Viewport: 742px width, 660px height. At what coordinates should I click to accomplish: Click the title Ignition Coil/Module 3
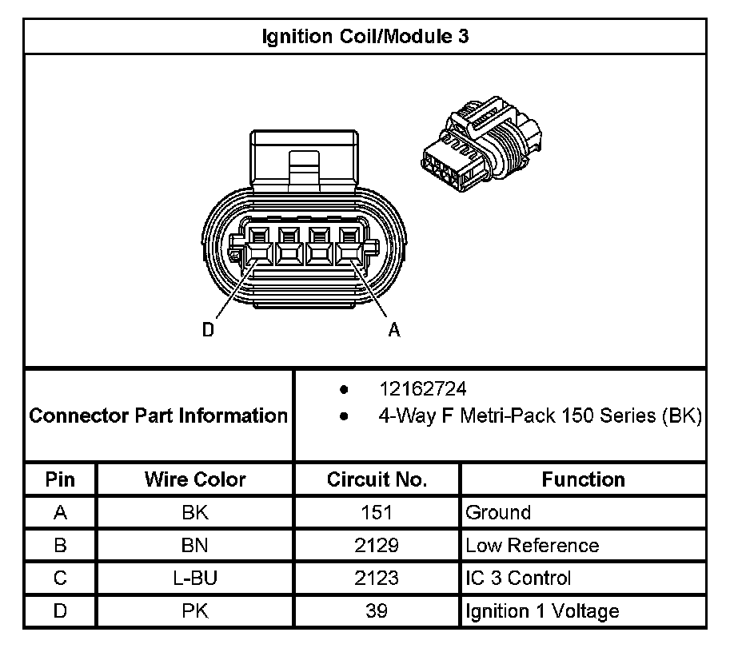pyautogui.click(x=365, y=37)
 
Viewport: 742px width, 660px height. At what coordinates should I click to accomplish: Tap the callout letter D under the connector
pyautogui.click(x=208, y=329)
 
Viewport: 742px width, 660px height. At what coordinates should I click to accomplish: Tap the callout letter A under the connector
pyautogui.click(x=393, y=329)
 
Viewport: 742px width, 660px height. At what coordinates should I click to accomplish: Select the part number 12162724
pyautogui.click(x=423, y=389)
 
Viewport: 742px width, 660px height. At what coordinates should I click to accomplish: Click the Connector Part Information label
pyautogui.click(x=158, y=415)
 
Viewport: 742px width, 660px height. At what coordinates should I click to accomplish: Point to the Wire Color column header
pyautogui.click(x=195, y=479)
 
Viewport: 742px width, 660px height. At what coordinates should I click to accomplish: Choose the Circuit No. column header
pyautogui.click(x=377, y=479)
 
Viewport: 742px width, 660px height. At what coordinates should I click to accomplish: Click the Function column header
pyautogui.click(x=583, y=479)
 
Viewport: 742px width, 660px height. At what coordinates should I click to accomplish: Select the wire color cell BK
pyautogui.click(x=195, y=513)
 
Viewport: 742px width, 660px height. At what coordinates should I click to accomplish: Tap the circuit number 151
pyautogui.click(x=377, y=513)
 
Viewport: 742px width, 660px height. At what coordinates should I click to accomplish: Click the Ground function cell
pyautogui.click(x=498, y=513)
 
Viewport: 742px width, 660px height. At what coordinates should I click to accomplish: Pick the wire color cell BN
pyautogui.click(x=195, y=546)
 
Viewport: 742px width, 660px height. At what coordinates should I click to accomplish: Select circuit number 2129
pyautogui.click(x=377, y=546)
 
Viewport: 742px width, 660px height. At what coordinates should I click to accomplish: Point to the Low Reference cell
pyautogui.click(x=532, y=546)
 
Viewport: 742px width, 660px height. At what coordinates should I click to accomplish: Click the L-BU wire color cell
pyautogui.click(x=195, y=578)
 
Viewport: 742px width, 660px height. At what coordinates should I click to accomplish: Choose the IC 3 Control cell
pyautogui.click(x=518, y=578)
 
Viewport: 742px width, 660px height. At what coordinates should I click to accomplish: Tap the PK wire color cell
pyautogui.click(x=195, y=611)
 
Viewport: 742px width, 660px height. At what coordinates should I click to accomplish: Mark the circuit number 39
pyautogui.click(x=377, y=611)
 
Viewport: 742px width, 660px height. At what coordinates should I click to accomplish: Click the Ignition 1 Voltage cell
pyautogui.click(x=542, y=611)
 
